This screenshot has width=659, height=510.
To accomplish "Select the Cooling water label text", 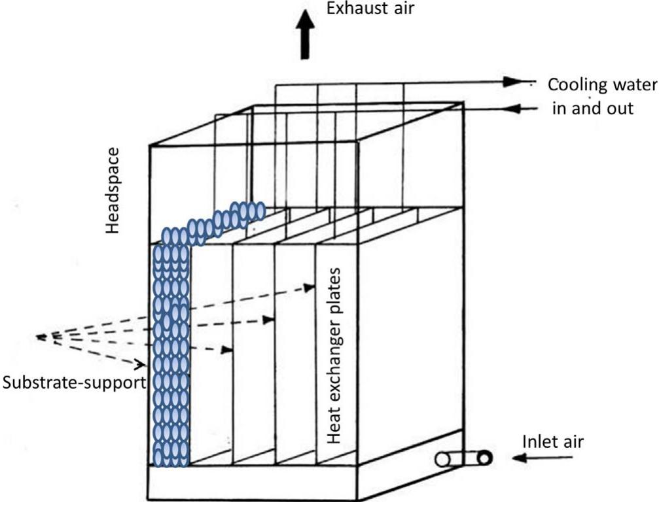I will pyautogui.click(x=602, y=85).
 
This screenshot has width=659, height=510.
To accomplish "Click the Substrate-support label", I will pyautogui.click(x=73, y=382).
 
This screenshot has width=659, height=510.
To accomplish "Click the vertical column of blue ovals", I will pyautogui.click(x=171, y=353).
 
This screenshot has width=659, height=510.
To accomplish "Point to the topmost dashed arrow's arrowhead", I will pyautogui.click(x=309, y=288).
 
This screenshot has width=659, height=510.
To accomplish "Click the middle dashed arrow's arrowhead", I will pyautogui.click(x=267, y=320).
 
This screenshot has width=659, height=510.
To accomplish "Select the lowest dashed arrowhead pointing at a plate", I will pyautogui.click(x=226, y=350).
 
